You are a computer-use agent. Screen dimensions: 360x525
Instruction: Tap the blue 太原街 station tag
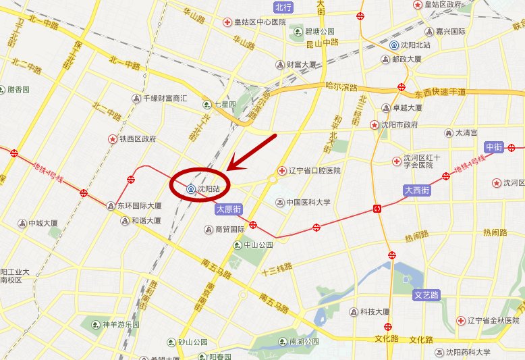228,210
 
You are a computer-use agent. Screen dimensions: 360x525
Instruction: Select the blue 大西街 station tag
417,191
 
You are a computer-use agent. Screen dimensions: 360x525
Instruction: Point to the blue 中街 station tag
495,147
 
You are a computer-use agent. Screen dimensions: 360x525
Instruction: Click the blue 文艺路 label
426,295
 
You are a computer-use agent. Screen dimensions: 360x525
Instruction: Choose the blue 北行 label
284,7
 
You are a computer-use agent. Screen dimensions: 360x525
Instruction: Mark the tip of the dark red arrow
228,170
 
